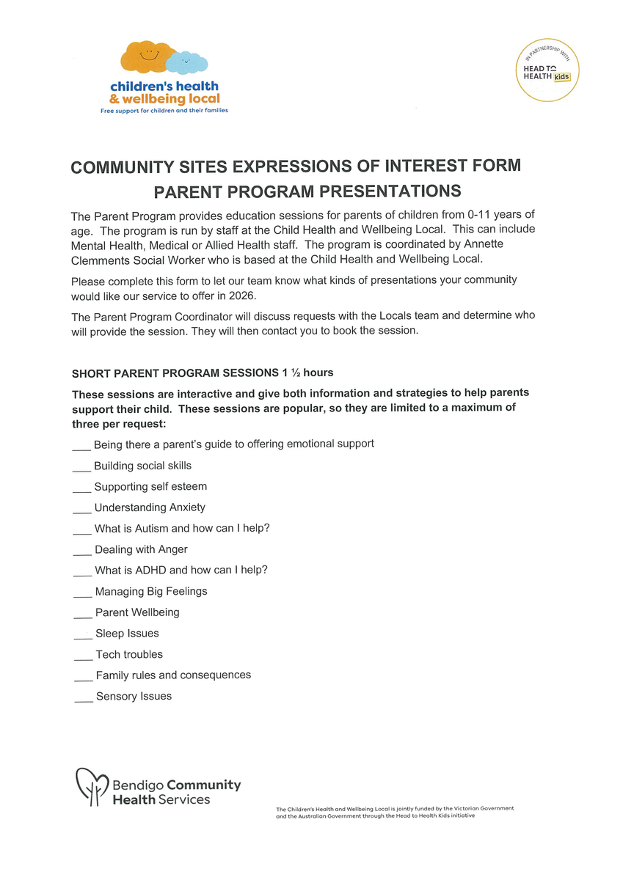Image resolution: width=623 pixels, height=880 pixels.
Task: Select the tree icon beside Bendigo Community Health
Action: point(92,786)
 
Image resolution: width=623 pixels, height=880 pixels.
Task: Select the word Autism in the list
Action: point(153,528)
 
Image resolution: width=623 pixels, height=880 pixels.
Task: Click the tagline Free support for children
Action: point(164,111)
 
